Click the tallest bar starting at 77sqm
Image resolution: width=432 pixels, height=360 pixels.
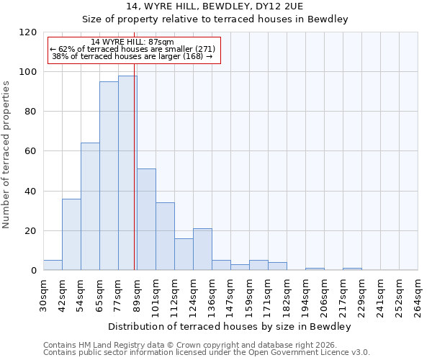127,173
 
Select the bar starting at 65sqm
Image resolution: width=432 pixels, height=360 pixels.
109,176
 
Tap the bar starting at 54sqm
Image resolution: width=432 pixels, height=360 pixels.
90,207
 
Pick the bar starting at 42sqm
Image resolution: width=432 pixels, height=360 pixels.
71,234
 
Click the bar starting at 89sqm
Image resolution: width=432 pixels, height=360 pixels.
146,220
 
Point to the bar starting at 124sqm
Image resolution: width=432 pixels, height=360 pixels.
202,249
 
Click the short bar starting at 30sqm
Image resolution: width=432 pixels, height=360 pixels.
53,265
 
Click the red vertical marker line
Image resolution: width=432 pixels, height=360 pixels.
135,173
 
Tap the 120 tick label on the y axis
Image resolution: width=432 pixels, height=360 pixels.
27,32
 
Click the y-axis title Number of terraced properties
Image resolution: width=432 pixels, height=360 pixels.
7,155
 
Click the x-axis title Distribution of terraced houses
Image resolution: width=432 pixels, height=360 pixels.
230,327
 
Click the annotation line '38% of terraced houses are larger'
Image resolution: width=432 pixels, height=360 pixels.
132,56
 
